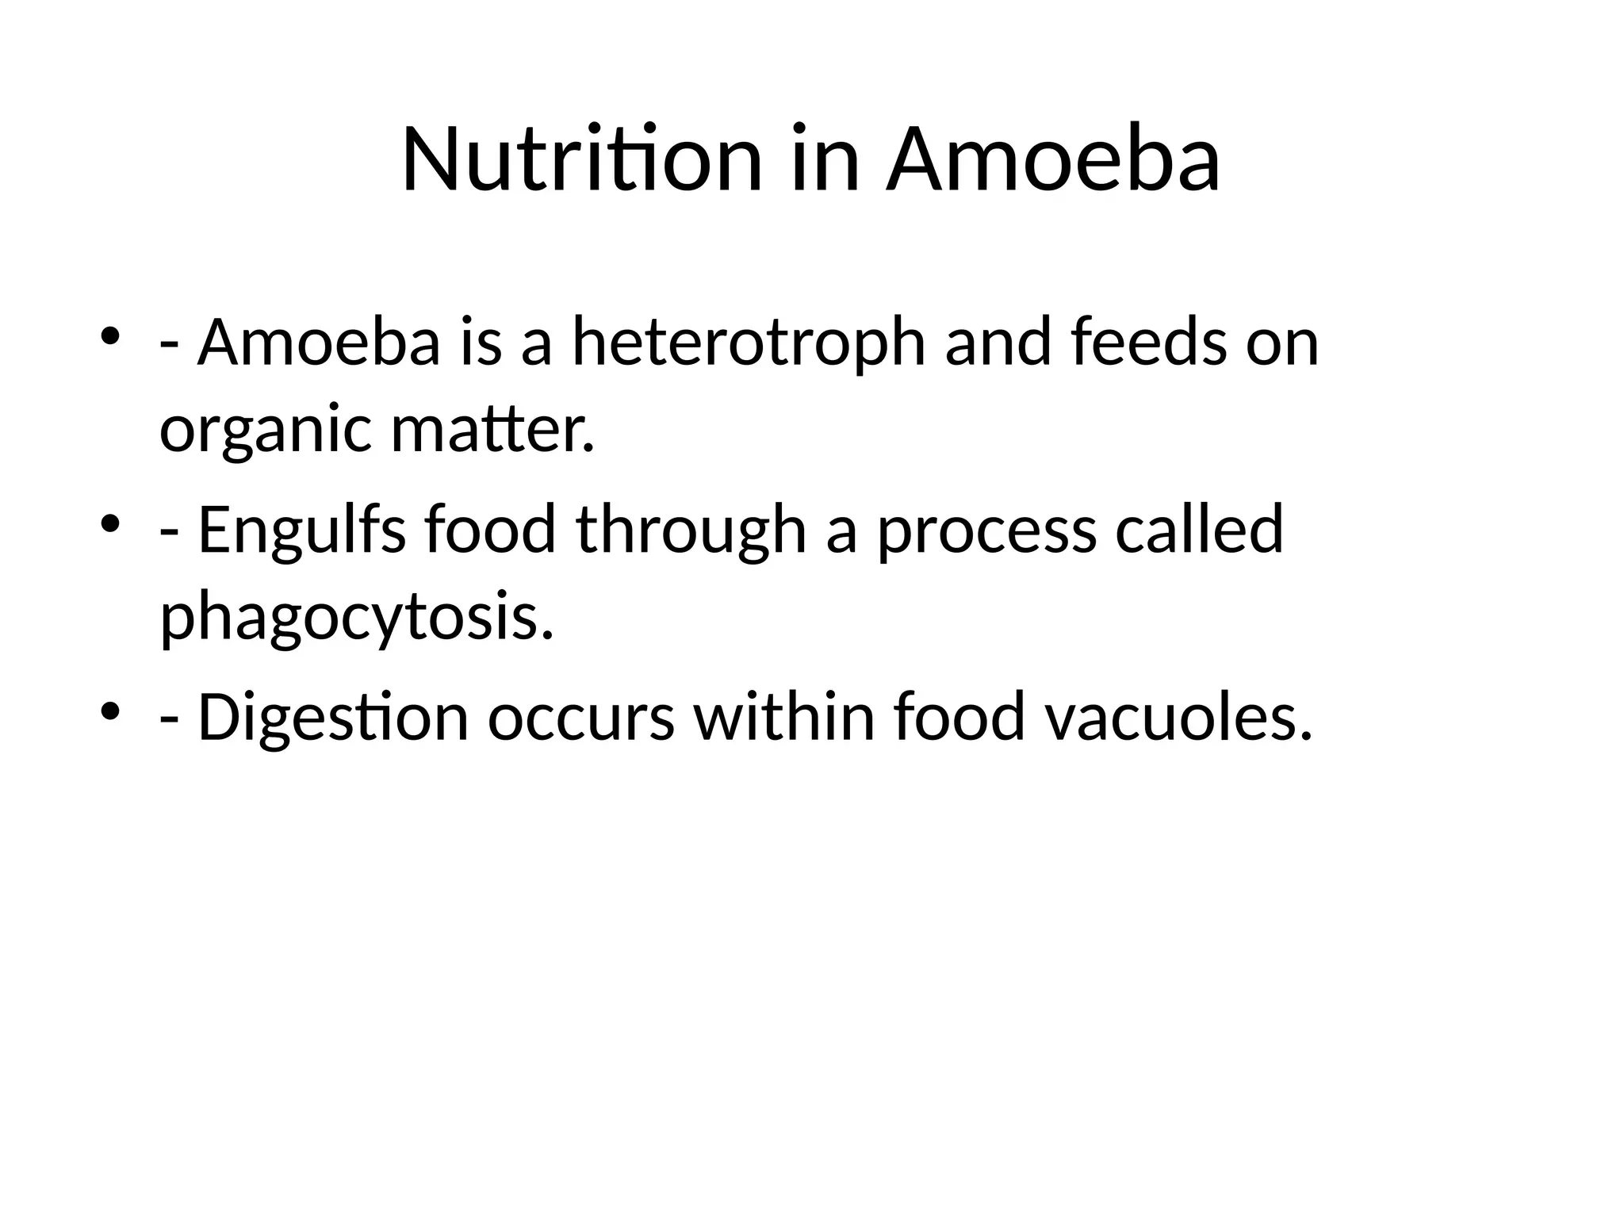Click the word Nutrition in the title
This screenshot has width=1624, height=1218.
(581, 160)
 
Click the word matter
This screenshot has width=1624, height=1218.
(492, 430)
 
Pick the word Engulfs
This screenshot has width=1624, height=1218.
(301, 530)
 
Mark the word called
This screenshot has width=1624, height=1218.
(1199, 530)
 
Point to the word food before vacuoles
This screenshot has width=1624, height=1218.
(959, 717)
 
